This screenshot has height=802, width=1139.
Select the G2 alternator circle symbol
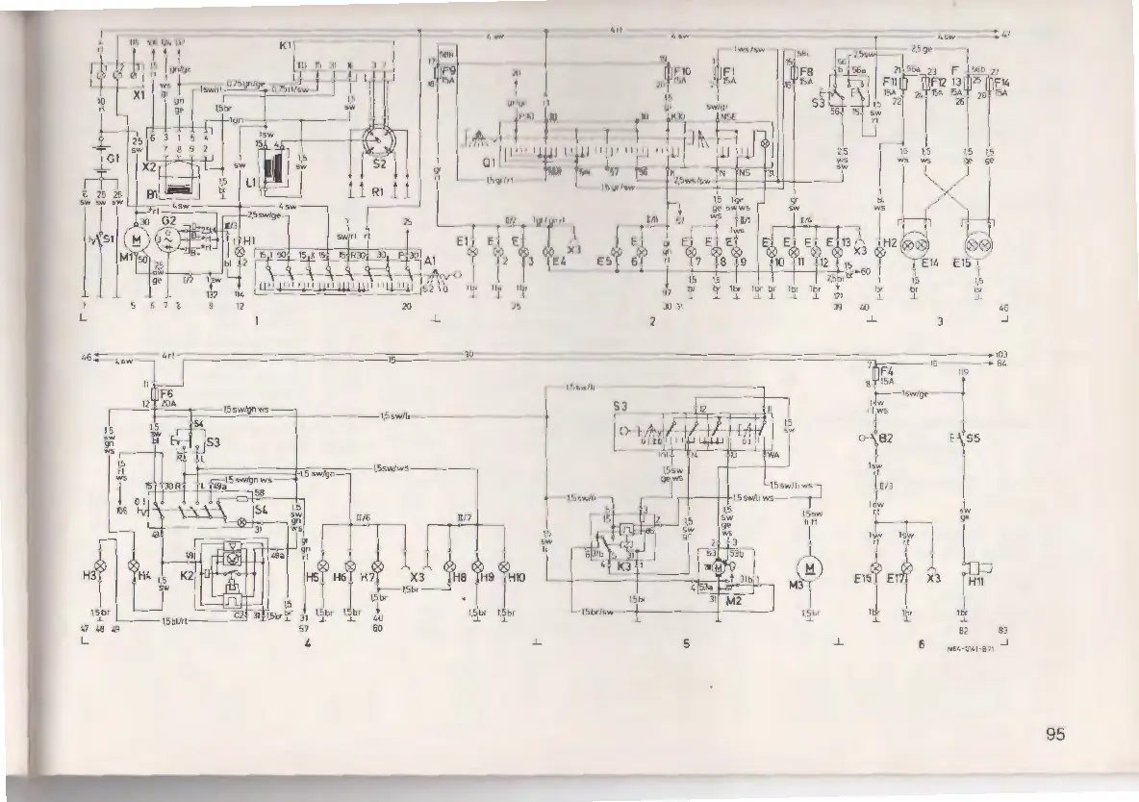(170, 244)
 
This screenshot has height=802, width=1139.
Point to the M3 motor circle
(811, 567)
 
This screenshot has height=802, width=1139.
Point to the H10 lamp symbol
(503, 565)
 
